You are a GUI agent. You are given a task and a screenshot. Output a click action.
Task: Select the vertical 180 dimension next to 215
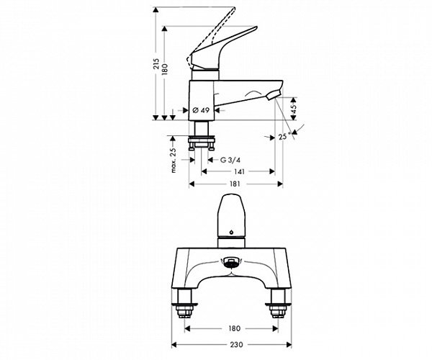(x=165, y=69)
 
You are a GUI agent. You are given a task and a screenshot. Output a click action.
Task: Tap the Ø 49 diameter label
(x=200, y=110)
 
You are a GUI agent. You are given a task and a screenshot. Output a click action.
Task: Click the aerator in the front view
(x=230, y=264)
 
